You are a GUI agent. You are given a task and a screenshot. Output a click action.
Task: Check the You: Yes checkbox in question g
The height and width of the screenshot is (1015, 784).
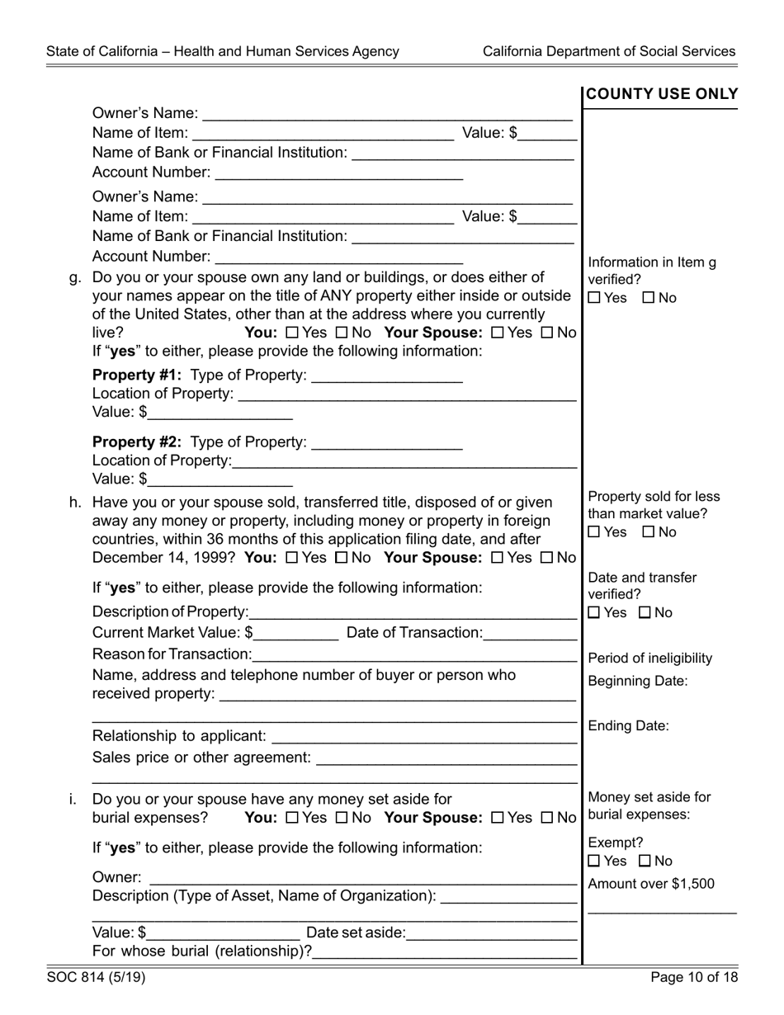(x=290, y=333)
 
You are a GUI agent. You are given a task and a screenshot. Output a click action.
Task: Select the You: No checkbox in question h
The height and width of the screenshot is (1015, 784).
(x=341, y=558)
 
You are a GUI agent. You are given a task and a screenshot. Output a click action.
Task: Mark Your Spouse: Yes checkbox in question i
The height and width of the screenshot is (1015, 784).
(x=497, y=818)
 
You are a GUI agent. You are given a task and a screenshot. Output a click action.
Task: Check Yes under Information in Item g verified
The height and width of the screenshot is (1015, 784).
(x=594, y=298)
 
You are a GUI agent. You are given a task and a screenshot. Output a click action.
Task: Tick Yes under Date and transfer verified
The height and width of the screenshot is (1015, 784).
(x=594, y=613)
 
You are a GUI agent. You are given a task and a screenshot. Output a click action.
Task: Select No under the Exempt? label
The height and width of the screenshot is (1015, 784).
(x=645, y=862)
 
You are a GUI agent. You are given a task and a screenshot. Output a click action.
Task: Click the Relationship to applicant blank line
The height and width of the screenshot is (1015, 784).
(x=423, y=735)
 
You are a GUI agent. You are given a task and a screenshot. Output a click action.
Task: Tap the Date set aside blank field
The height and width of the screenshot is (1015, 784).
(x=491, y=933)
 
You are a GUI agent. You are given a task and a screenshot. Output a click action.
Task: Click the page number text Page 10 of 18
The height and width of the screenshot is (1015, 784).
(x=693, y=978)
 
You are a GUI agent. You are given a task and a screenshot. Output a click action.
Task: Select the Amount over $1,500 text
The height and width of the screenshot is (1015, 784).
(x=651, y=884)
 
